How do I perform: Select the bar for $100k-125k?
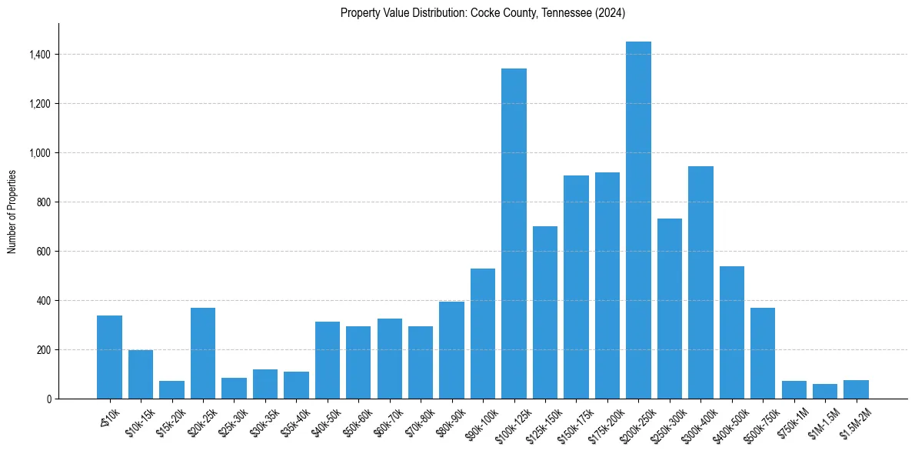[514, 234]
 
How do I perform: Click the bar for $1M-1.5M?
[825, 392]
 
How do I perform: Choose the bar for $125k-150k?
[545, 312]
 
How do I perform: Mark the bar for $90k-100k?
[483, 334]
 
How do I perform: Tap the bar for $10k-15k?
[141, 375]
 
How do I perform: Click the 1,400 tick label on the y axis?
[40, 55]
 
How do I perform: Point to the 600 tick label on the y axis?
[44, 252]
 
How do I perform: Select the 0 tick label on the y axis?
[48, 399]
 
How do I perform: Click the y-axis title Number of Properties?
[12, 212]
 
